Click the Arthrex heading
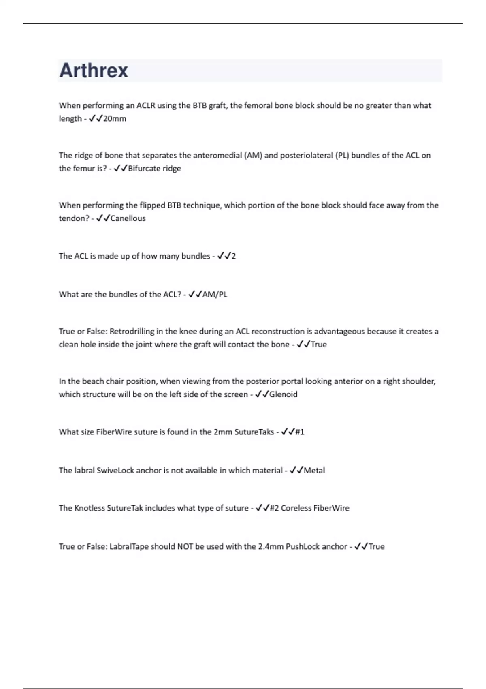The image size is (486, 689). pyautogui.click(x=94, y=71)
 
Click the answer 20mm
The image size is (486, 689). pyautogui.click(x=115, y=119)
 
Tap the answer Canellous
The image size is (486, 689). pyautogui.click(x=128, y=218)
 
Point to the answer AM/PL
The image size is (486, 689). pyautogui.click(x=215, y=295)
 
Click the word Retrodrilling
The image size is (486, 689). pyautogui.click(x=132, y=332)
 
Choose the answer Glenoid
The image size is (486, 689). pyautogui.click(x=283, y=394)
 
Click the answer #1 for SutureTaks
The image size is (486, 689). pyautogui.click(x=300, y=432)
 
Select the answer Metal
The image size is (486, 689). pyautogui.click(x=314, y=471)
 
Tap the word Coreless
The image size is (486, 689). pyautogui.click(x=296, y=508)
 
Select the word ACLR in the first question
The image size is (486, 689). pyautogui.click(x=145, y=106)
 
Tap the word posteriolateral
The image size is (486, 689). pyautogui.click(x=306, y=156)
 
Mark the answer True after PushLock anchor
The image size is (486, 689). pyautogui.click(x=376, y=547)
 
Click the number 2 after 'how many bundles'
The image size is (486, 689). pyautogui.click(x=233, y=256)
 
